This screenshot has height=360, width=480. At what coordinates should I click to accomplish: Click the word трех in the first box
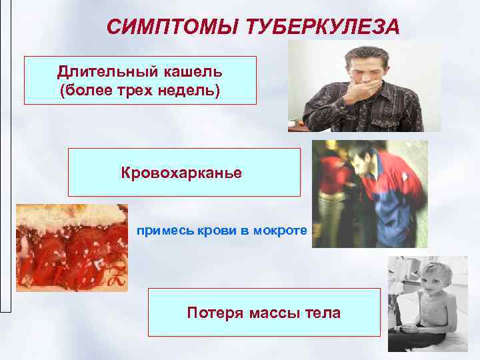pos(133,89)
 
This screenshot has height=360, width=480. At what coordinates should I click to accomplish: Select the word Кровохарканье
pos(181,173)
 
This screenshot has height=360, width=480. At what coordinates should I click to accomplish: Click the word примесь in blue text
pos(161,231)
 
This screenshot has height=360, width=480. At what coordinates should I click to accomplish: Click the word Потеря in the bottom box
pos(212,313)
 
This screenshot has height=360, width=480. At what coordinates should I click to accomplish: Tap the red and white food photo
pos(71,247)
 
